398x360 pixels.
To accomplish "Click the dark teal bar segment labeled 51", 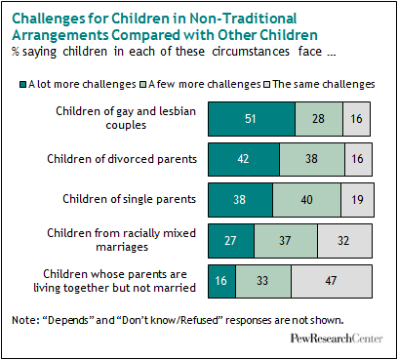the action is [x=252, y=119].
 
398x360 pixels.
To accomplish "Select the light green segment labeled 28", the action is [x=319, y=119].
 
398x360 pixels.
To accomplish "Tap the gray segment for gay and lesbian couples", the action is [x=356, y=119].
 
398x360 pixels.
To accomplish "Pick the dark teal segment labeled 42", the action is [x=244, y=159].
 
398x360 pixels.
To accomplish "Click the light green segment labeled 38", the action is [x=312, y=159].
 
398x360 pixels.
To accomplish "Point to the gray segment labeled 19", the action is [x=357, y=200].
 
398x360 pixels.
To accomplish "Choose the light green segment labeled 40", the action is [x=306, y=200].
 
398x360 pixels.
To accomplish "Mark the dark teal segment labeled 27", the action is [x=231, y=241].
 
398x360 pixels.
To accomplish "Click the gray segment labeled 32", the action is [x=344, y=241].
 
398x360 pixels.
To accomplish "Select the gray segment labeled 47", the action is [x=332, y=281].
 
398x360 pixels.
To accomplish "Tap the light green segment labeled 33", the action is [x=263, y=281].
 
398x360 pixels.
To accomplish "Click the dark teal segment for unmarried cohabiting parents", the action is [x=222, y=281].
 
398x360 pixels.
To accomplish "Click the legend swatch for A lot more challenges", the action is [x=23, y=85].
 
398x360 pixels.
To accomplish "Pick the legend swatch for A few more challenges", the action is [x=143, y=85].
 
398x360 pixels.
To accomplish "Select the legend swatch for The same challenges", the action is [x=267, y=85].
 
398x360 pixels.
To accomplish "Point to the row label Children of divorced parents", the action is [x=122, y=159].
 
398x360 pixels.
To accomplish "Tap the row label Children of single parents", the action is [x=130, y=199].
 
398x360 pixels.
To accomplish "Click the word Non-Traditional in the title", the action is [x=243, y=19].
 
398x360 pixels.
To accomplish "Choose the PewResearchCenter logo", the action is [x=337, y=339].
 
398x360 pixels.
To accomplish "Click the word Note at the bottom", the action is [x=24, y=320].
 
